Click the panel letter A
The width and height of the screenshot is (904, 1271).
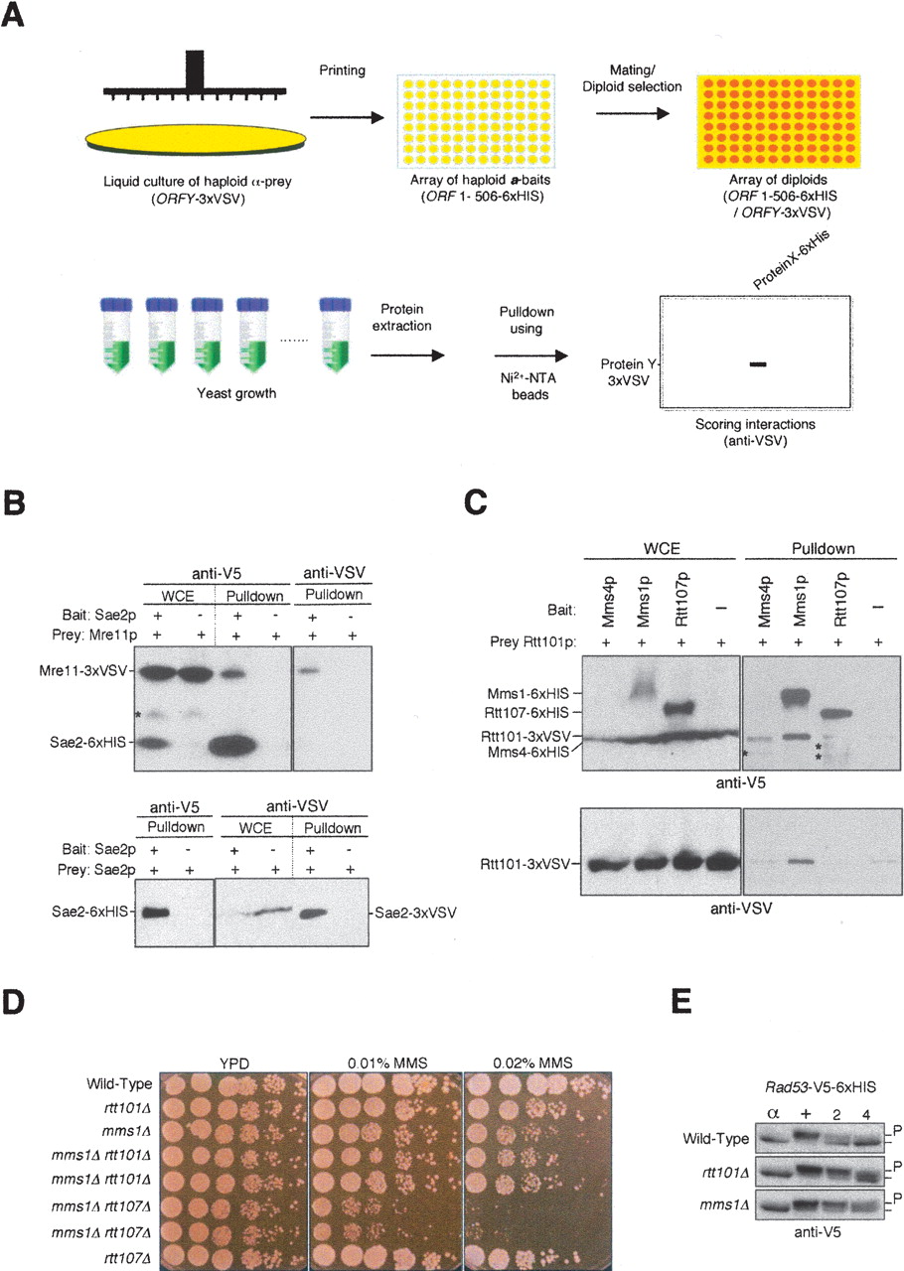13,15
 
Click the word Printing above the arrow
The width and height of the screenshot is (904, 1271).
342,71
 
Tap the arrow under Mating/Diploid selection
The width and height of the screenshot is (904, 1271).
633,113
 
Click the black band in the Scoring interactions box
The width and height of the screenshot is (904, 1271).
758,364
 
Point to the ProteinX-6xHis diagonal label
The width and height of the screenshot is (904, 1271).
792,259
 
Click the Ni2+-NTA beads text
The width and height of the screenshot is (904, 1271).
528,386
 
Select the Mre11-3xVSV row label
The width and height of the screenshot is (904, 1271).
82,671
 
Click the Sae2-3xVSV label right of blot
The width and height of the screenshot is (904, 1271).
415,913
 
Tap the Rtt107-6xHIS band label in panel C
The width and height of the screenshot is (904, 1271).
527,712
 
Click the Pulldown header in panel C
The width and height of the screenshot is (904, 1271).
823,549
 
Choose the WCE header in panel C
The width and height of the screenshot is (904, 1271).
662,549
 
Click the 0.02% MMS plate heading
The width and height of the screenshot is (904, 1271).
532,1062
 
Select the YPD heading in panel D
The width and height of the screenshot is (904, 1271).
234,1063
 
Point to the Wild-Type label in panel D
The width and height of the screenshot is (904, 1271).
119,1083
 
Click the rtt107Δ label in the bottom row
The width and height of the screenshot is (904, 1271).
127,1258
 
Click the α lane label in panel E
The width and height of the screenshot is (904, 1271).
773,1114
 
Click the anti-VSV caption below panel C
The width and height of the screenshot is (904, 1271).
741,909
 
